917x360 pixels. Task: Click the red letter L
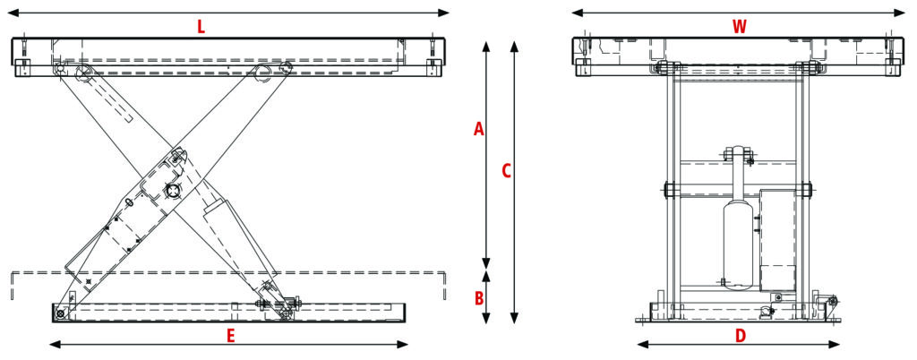point(201,27)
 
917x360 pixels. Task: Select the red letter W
point(739,27)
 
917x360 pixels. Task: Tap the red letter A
point(479,130)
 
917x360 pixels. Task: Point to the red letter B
point(479,296)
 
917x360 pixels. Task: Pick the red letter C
point(506,171)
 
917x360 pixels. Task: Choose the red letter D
point(740,337)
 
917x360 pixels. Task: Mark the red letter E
point(230,337)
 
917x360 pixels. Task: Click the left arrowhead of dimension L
point(13,13)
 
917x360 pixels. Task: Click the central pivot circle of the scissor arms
point(172,192)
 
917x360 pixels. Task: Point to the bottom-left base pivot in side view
point(60,313)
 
